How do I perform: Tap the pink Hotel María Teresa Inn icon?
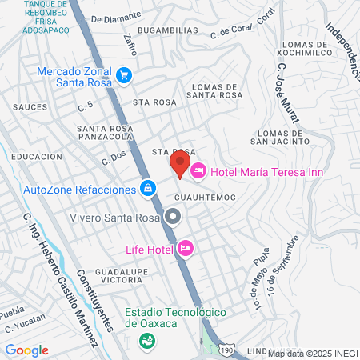[198, 170]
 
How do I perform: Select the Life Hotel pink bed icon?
[186, 248]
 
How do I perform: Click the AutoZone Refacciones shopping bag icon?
[147, 189]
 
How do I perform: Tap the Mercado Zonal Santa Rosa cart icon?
[124, 76]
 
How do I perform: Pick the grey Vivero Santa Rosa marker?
[174, 216]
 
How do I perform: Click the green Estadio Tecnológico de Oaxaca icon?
[147, 339]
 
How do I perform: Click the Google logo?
[26, 350]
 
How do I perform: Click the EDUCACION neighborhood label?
[37, 157]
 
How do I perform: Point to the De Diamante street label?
[116, 16]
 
